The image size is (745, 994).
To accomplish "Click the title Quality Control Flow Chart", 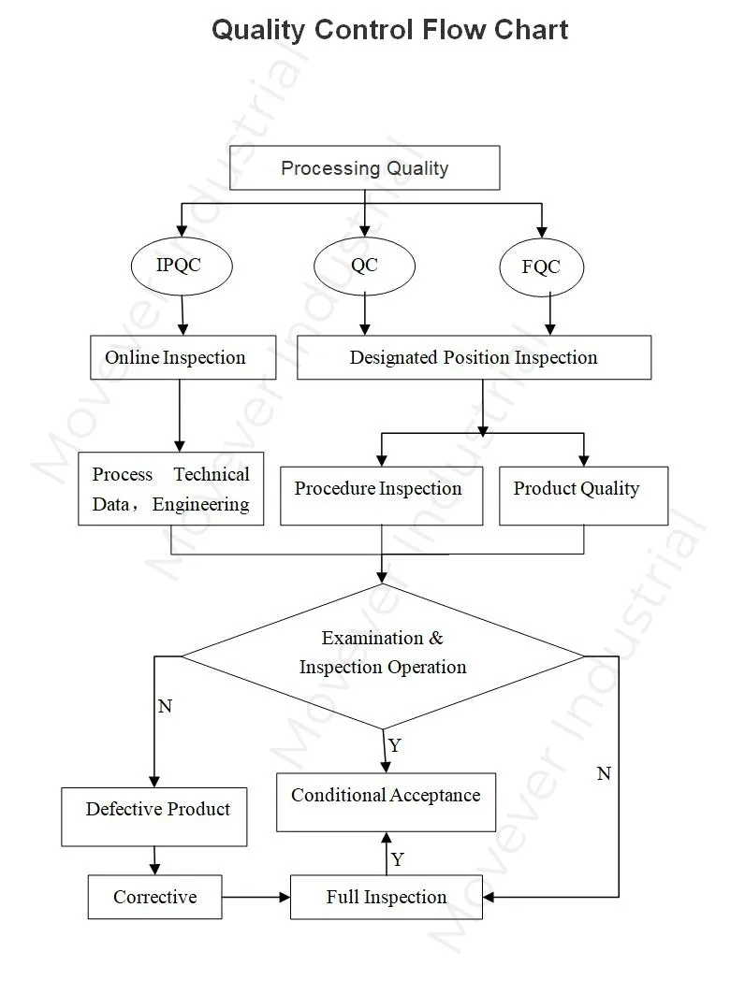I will click(389, 30).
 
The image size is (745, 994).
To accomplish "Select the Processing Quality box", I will click(364, 168).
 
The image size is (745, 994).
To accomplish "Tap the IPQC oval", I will click(178, 266).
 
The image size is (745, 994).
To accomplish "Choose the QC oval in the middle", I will click(364, 266).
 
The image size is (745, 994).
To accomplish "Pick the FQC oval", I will click(541, 267).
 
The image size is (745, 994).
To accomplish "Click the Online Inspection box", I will click(183, 357).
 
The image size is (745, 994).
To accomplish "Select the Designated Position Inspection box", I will click(474, 357).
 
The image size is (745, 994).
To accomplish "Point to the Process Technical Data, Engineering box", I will click(170, 489).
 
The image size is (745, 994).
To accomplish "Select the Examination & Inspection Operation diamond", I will click(382, 654).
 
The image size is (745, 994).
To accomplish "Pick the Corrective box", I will click(154, 897).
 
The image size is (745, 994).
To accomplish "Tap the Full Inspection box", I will click(386, 897).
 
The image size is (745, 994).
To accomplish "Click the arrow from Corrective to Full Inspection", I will click(256, 897).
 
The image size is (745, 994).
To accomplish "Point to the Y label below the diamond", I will click(395, 746).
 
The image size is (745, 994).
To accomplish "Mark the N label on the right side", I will click(604, 774).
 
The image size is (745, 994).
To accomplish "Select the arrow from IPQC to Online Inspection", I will click(183, 315).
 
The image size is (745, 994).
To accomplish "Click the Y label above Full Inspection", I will click(398, 859).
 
